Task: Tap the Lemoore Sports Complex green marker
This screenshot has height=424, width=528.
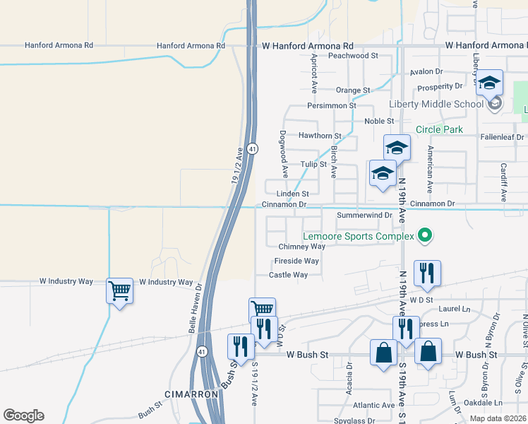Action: (x=424, y=235)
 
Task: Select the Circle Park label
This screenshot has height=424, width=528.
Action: (x=439, y=129)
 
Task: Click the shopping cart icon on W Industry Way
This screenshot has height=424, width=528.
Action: (x=119, y=290)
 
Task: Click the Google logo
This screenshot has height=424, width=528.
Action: (x=23, y=416)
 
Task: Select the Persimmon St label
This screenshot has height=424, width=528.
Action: (x=331, y=105)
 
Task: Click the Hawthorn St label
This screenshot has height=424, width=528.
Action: (x=320, y=136)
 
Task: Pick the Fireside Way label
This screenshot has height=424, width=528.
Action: (x=296, y=261)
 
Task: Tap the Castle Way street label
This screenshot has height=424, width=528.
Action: (x=288, y=275)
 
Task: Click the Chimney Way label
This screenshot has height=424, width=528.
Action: (x=301, y=247)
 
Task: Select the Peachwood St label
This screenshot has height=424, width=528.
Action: (x=353, y=55)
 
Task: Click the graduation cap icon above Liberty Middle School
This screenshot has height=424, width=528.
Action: (x=489, y=83)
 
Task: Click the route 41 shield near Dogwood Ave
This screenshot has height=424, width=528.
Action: (x=252, y=149)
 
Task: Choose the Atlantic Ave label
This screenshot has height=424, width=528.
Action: (x=374, y=406)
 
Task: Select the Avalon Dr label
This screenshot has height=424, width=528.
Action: (x=426, y=72)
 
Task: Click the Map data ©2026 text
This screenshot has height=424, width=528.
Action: (x=497, y=418)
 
